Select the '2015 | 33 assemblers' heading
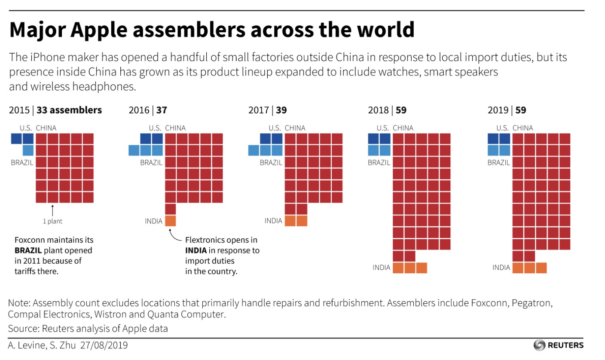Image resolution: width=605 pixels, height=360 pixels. point(55,110)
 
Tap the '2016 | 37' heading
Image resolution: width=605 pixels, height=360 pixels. point(148,110)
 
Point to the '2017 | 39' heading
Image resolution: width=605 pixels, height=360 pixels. point(267,110)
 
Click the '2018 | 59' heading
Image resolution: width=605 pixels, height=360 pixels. point(387,110)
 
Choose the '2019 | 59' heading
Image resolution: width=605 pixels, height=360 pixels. point(507,110)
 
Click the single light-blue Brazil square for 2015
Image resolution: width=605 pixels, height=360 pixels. point(28,150)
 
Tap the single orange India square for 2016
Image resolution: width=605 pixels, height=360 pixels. point(171,221)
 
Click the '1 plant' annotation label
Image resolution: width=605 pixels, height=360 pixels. point(52,222)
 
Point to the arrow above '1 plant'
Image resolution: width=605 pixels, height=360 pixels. point(52,211)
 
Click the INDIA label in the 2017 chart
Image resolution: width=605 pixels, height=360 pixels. point(273,221)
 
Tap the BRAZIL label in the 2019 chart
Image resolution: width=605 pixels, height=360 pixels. point(498,162)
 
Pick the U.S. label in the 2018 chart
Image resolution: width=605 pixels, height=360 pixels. point(383,128)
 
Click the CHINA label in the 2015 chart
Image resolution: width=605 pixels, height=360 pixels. point(46,128)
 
